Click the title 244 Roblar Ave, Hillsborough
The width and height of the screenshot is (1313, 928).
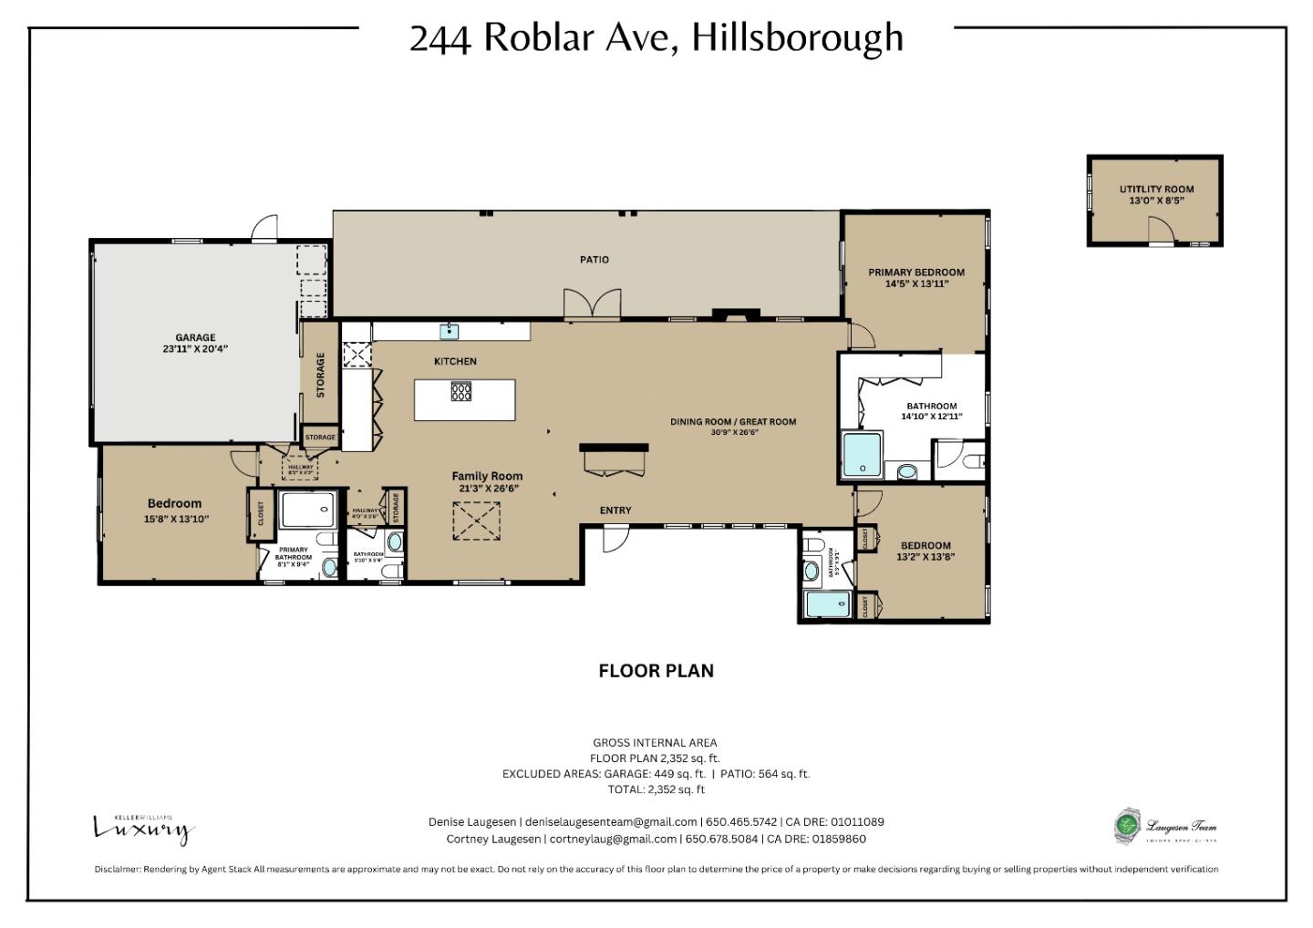(656, 38)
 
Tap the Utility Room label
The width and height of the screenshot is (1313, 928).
(1156, 190)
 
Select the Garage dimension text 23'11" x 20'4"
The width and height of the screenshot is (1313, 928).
(195, 349)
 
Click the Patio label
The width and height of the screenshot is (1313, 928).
(594, 260)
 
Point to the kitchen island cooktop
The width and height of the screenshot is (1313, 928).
(461, 392)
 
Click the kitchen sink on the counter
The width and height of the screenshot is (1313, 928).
(450, 330)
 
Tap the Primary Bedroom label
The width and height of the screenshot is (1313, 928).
(916, 273)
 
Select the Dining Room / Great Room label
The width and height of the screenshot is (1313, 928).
(733, 422)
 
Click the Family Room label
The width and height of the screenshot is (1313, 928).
(487, 476)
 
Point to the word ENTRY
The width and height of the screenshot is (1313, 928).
(615, 510)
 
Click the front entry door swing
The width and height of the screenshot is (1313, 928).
(615, 540)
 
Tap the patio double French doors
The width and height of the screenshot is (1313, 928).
(592, 304)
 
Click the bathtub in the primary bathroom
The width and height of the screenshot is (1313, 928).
(308, 509)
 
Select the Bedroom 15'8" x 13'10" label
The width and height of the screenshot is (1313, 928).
(175, 504)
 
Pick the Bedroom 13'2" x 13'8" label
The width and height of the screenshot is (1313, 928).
(925, 546)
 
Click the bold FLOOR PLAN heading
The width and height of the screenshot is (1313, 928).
(656, 671)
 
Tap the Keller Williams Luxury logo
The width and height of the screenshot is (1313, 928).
(144, 828)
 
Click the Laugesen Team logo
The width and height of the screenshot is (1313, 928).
(1166, 828)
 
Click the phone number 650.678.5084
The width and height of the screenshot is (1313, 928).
(721, 840)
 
